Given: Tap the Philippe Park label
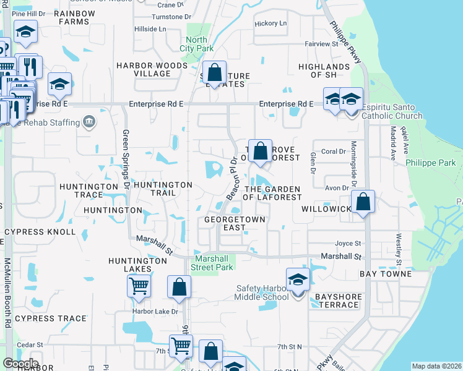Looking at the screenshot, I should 431,163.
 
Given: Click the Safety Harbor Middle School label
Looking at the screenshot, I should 261,292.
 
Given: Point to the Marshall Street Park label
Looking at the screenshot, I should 214,263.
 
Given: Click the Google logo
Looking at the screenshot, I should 20,363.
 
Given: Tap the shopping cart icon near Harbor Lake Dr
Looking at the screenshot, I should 139,286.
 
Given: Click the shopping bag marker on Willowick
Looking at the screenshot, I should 363,202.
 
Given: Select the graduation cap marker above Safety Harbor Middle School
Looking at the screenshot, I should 298,279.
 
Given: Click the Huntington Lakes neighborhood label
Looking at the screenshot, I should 137,265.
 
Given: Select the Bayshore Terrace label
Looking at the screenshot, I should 338,301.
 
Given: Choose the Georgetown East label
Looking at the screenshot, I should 235,223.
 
